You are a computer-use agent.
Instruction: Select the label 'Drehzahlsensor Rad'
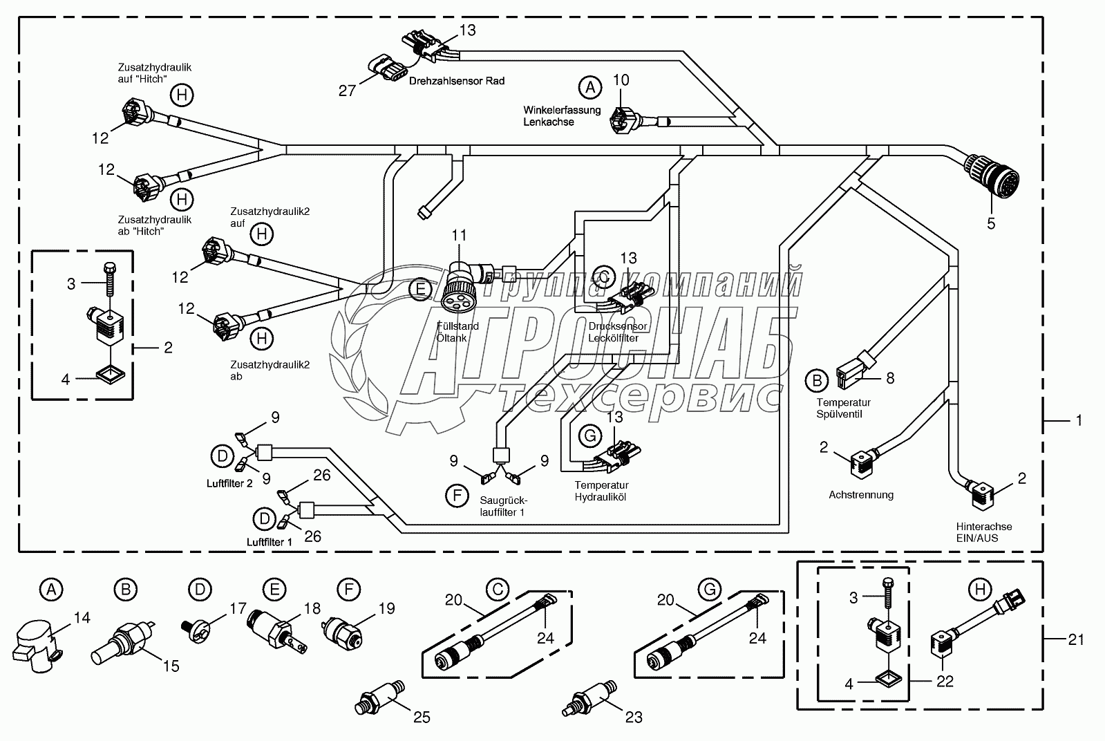(x=457, y=81)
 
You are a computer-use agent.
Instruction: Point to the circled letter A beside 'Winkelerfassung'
(x=589, y=87)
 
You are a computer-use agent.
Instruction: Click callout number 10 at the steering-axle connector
(x=621, y=80)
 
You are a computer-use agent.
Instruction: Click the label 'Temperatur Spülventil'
(x=843, y=408)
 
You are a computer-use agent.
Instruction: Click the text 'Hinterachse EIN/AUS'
(x=984, y=532)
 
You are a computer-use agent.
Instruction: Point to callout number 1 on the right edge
(x=1079, y=420)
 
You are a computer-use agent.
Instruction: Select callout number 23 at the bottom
(x=633, y=718)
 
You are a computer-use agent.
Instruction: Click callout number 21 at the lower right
(x=1076, y=640)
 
